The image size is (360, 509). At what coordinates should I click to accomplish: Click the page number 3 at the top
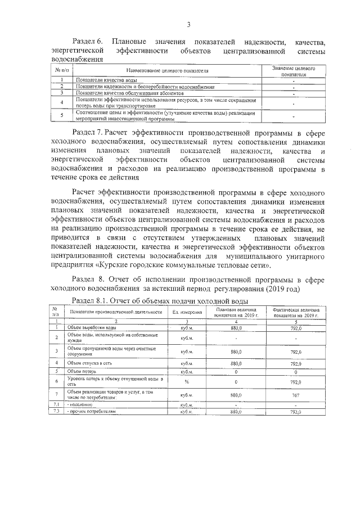(x=188, y=24)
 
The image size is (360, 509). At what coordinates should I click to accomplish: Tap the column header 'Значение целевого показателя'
(x=293, y=70)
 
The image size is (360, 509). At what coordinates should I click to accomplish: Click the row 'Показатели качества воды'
(x=106, y=82)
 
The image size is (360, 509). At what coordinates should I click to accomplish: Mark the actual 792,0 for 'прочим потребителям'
(x=296, y=412)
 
